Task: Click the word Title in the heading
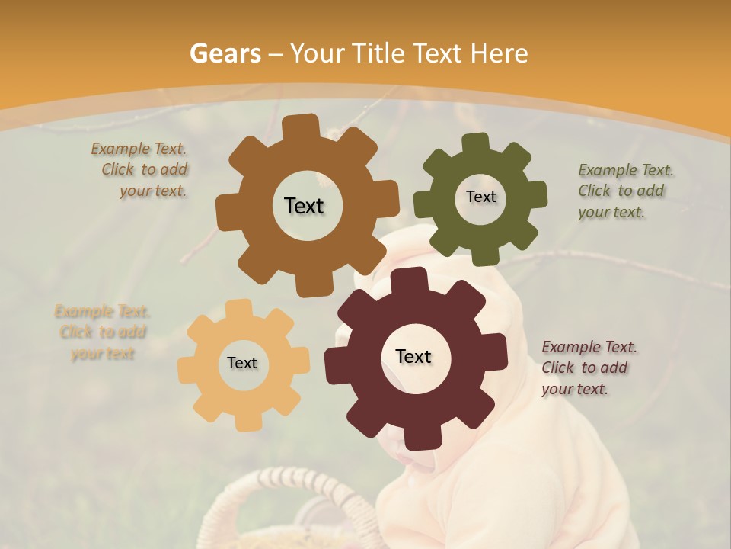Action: tap(381, 53)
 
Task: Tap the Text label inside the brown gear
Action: tap(304, 206)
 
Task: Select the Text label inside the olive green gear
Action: tap(480, 197)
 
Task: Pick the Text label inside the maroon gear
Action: tap(413, 356)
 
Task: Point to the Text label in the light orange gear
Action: tap(242, 363)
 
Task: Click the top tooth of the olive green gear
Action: tap(476, 142)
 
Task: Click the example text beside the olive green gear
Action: tap(624, 191)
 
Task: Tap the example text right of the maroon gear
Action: tap(588, 368)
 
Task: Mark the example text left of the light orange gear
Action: tap(102, 332)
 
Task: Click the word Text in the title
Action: tap(439, 53)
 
